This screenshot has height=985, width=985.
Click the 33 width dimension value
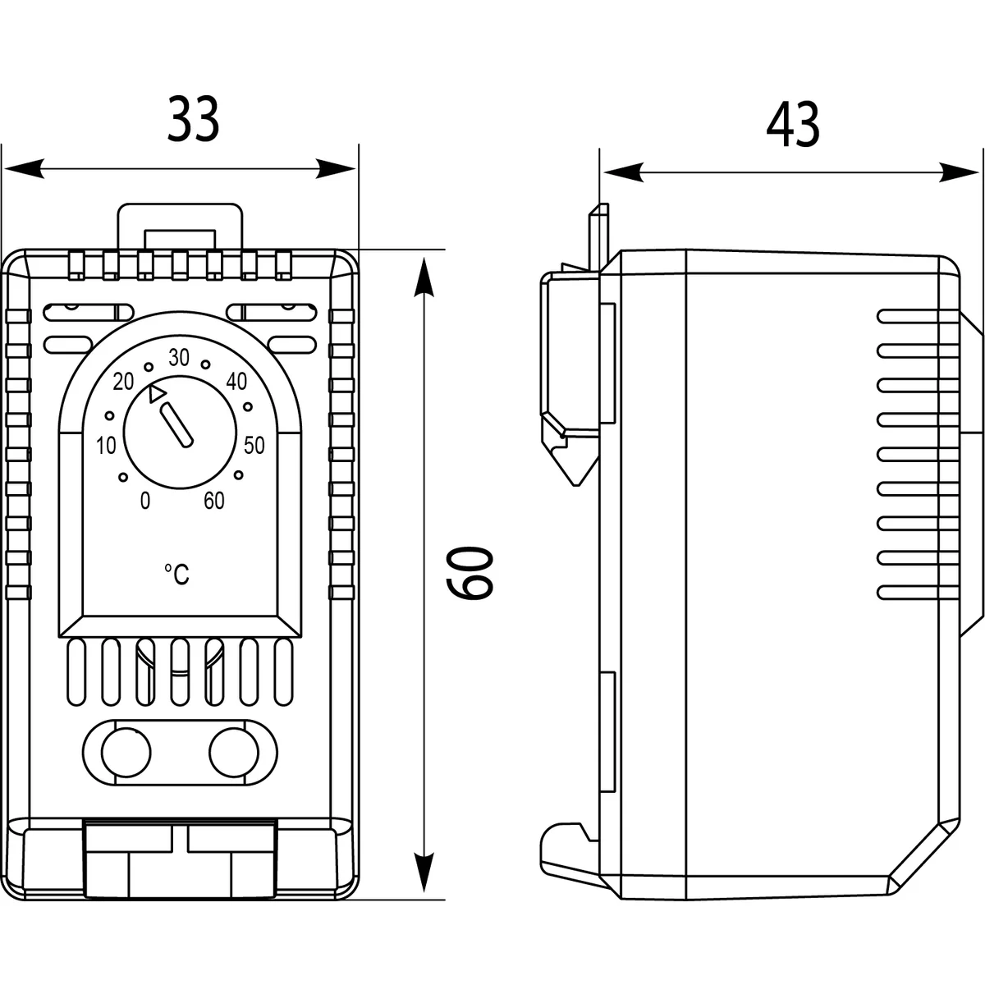coord(195,120)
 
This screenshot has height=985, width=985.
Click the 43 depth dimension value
coord(793,126)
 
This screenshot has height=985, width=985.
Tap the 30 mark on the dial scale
coord(178,357)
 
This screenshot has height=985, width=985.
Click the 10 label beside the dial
coord(106,447)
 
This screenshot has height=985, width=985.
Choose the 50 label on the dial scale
coord(254,446)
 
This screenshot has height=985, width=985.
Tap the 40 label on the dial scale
coord(236,381)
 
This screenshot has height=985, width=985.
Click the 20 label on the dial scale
coord(124,381)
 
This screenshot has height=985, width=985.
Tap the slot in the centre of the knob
coord(178,425)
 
